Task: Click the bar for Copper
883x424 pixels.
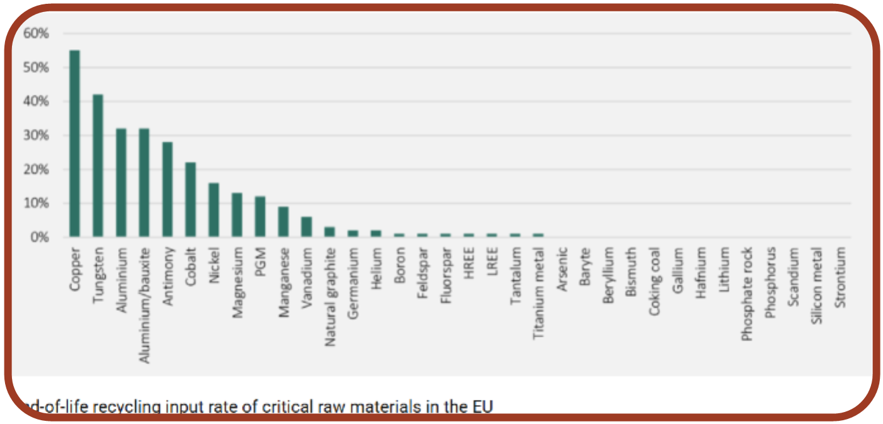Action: point(75,143)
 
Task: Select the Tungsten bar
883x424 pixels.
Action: point(98,166)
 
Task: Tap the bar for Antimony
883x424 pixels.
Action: point(167,190)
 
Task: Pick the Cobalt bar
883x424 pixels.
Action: point(191,200)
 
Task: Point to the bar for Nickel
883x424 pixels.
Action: point(213,210)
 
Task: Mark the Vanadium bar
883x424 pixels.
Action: point(306,227)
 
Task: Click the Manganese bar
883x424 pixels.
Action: point(284,222)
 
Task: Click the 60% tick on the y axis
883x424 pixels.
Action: point(35,33)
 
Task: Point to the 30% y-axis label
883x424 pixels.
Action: point(35,135)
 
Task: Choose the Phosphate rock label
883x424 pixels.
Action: point(747,294)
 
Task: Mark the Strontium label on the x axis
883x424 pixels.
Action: point(840,277)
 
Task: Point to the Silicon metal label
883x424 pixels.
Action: point(817,285)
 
